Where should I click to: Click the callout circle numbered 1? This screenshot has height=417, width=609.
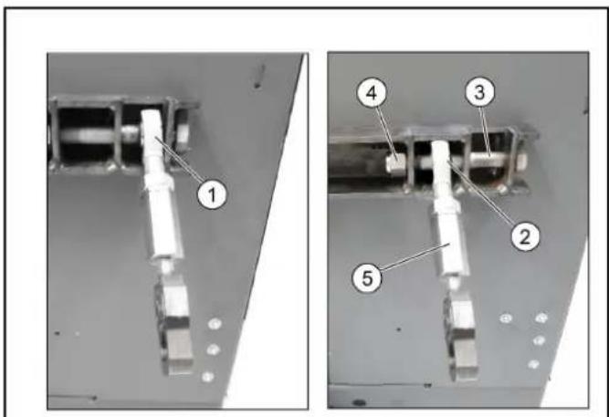click(x=212, y=194)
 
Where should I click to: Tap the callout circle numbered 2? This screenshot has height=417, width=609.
click(x=525, y=235)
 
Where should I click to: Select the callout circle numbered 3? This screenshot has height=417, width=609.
click(x=480, y=92)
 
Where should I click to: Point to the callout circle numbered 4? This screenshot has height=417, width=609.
click(x=372, y=93)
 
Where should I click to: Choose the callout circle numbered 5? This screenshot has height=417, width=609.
click(x=367, y=277)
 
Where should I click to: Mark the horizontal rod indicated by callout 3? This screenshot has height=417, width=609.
click(x=491, y=158)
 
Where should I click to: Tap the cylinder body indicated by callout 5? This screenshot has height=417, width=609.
click(x=451, y=244)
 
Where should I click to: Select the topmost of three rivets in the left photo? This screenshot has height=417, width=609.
click(x=215, y=323)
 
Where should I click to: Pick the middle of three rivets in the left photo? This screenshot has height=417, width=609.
click(x=213, y=349)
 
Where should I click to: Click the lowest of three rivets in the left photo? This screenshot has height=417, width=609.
click(x=208, y=376)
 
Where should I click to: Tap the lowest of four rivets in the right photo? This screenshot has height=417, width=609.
click(x=533, y=364)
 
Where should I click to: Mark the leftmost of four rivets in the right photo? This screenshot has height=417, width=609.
click(x=505, y=318)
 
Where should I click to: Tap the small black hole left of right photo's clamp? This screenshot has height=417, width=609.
click(x=398, y=329)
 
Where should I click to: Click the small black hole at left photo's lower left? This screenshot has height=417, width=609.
click(x=58, y=333)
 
